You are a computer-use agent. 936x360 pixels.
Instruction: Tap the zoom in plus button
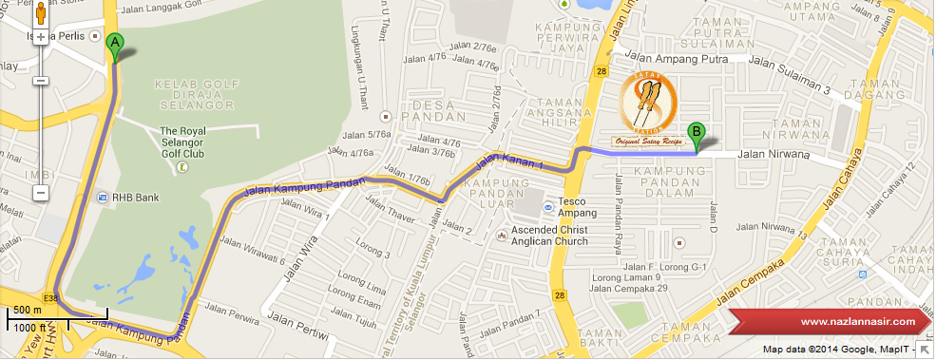pos(41,38)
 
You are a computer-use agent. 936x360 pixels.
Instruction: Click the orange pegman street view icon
pos(41,13)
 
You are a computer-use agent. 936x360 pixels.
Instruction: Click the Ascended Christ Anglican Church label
pos(549,236)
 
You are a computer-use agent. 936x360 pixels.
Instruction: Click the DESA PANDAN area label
pos(435,109)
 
